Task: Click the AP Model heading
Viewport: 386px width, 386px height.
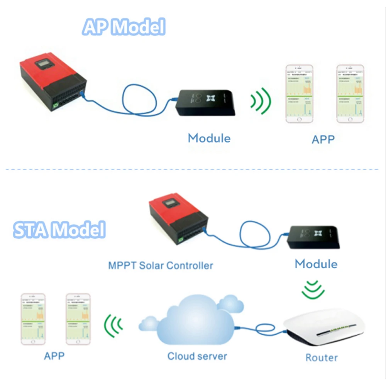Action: [x=124, y=27]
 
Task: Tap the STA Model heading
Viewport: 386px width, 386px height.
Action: [x=59, y=230]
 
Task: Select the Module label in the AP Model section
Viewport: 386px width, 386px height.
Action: [x=209, y=138]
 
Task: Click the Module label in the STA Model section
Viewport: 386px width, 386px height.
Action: [x=316, y=264]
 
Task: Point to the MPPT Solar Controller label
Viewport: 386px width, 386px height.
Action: [x=161, y=266]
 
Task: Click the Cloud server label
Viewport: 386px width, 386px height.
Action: [x=197, y=356]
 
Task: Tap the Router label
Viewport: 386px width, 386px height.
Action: [x=322, y=357]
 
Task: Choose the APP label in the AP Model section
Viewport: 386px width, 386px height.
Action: [x=323, y=139]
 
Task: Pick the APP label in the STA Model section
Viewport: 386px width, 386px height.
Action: [x=54, y=356]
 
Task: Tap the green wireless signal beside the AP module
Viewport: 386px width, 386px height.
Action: [x=261, y=102]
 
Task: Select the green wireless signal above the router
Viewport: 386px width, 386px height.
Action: [x=313, y=290]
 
